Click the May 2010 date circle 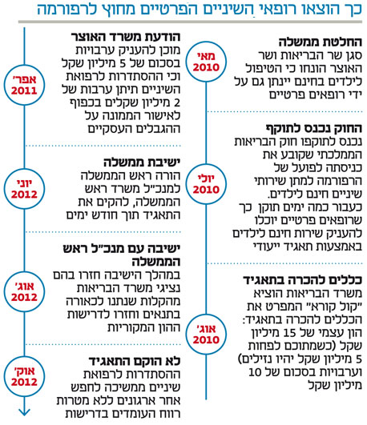pyautogui.click(x=206, y=62)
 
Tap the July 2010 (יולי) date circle pyautogui.click(x=206, y=184)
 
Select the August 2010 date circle pyautogui.click(x=206, y=334)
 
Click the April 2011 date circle pyautogui.click(x=24, y=85)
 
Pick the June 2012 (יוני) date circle pyautogui.click(x=24, y=189)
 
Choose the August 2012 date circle pyautogui.click(x=24, y=291)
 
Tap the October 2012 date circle pyautogui.click(x=24, y=376)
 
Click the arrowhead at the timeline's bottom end pyautogui.click(x=24, y=412)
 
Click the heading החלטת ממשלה pyautogui.click(x=321, y=42)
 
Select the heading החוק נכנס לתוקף pyautogui.click(x=314, y=128)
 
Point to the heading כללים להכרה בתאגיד pyautogui.click(x=302, y=280)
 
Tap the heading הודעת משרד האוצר pyautogui.click(x=126, y=37)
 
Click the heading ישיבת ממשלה pyautogui.click(x=142, y=162)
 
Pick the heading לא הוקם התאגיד pyautogui.click(x=135, y=361)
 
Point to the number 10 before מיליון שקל pyautogui.click(x=255, y=372)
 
